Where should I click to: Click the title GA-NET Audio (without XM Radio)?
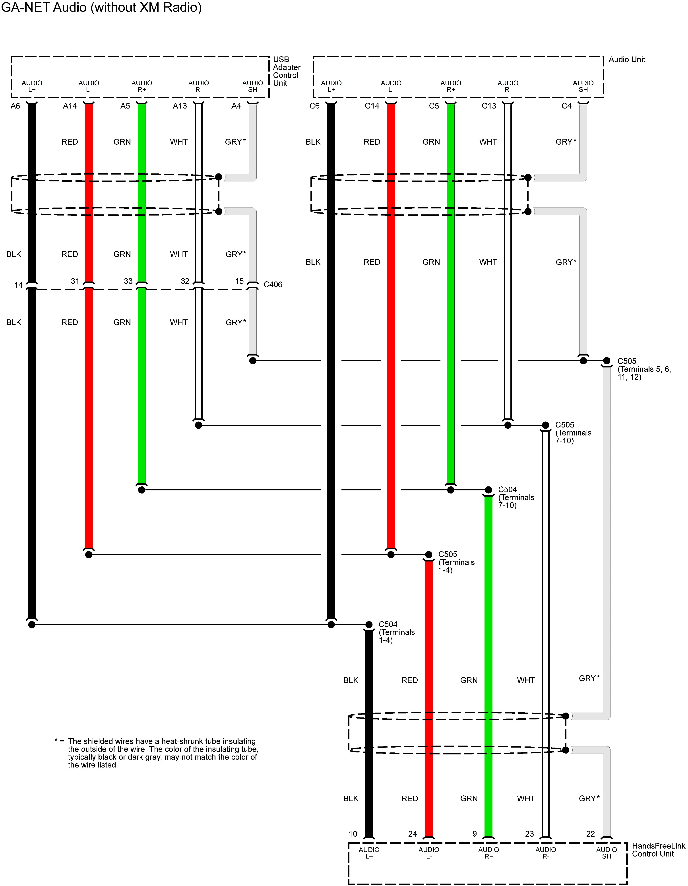pos(101,7)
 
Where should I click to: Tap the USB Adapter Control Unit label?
pos(286,71)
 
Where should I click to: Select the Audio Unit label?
pos(626,60)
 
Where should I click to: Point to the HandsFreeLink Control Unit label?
pos(658,850)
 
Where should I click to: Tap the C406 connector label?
pos(273,284)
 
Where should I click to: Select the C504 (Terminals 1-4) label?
pos(396,632)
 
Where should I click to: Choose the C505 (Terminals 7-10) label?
pos(573,432)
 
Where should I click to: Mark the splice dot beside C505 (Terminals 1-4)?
pos(428,555)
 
